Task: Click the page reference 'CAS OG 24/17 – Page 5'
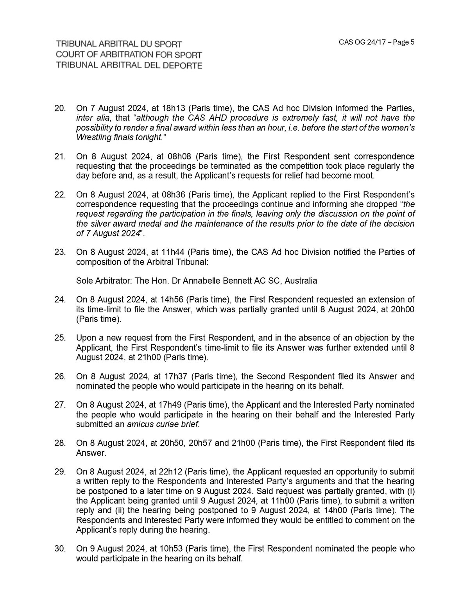click(x=376, y=42)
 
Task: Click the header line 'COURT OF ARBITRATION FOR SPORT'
click(x=129, y=55)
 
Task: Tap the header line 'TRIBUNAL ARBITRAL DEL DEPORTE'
click(x=129, y=65)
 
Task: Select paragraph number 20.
click(x=60, y=108)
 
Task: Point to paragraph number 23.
click(x=60, y=252)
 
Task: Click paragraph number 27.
click(x=60, y=405)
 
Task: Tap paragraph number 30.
click(x=60, y=549)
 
